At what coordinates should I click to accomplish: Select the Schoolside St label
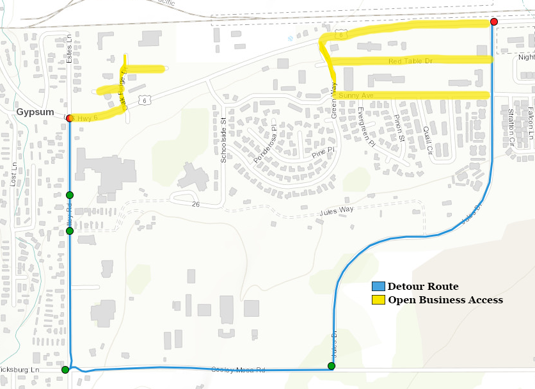(223, 139)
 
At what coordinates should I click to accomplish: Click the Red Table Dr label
(410, 61)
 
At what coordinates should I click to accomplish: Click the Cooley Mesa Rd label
(237, 370)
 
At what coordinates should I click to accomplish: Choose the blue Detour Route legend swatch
(378, 287)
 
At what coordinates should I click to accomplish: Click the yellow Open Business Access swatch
(378, 299)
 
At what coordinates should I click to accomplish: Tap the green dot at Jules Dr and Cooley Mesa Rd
(331, 366)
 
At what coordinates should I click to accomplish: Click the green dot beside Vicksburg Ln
(65, 370)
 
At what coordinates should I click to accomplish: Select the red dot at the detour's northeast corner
(493, 22)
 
